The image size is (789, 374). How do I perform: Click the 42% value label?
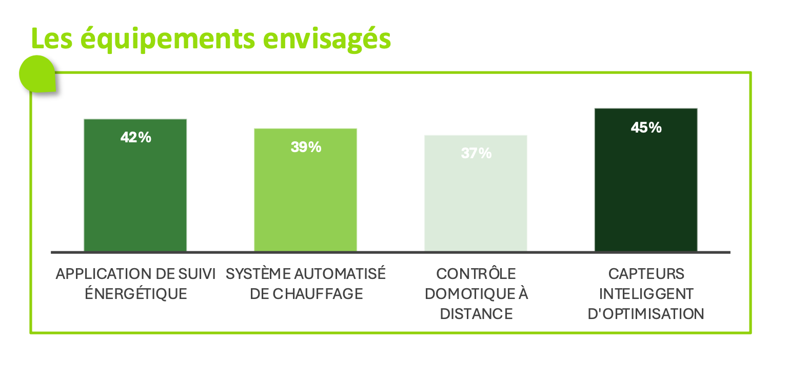click(x=135, y=138)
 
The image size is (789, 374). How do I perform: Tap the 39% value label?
click(x=306, y=147)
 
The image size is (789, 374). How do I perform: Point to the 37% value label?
click(x=476, y=153)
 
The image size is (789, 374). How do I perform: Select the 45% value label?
click(x=646, y=127)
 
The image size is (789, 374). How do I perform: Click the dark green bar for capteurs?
click(x=646, y=195)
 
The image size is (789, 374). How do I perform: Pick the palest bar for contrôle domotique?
click(x=476, y=205)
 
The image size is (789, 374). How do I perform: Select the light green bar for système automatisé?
click(x=306, y=200)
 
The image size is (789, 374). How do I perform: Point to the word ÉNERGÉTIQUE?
click(x=135, y=294)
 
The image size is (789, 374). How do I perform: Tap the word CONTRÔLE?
click(x=476, y=274)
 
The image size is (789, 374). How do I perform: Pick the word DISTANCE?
click(x=476, y=314)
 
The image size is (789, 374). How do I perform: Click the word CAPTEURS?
click(x=646, y=274)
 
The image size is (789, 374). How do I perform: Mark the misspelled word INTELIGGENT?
click(x=646, y=294)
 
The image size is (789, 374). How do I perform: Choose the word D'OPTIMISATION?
click(x=646, y=314)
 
